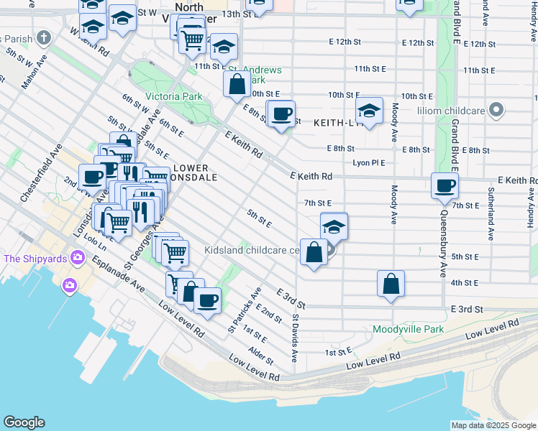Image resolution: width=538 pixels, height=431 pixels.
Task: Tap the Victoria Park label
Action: tap(173, 96)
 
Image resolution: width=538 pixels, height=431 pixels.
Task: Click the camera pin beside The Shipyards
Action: tap(69, 285)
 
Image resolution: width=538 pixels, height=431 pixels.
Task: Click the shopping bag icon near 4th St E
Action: tap(391, 283)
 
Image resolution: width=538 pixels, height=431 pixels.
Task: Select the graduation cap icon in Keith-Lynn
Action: tap(369, 111)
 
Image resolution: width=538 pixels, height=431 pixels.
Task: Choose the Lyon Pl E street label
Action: tap(369, 163)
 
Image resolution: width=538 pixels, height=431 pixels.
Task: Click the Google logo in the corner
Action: tap(24, 422)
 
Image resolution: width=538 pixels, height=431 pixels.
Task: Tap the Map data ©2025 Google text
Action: tap(493, 425)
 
